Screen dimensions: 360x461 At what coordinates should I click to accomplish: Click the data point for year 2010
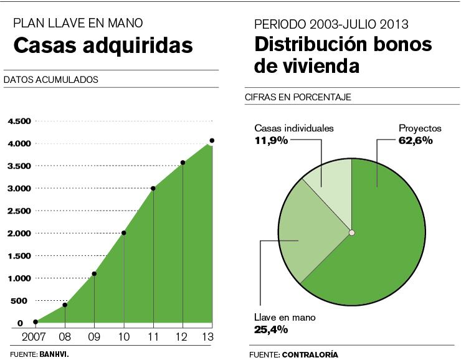(124, 233)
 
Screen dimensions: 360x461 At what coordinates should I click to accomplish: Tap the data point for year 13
(212, 141)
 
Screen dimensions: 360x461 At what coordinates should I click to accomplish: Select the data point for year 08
(65, 305)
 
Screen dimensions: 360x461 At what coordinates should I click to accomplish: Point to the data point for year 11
(153, 188)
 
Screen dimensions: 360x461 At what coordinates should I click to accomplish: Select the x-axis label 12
(183, 337)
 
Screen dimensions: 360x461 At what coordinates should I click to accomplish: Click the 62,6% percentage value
(416, 140)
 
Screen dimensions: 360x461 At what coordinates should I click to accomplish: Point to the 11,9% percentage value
(271, 140)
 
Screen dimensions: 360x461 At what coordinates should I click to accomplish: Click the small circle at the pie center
(352, 233)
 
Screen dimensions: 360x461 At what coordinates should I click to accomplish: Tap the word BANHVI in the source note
(54, 354)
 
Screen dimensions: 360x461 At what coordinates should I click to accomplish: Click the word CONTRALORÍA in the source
(310, 354)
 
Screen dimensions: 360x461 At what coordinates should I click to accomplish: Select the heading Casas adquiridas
(103, 45)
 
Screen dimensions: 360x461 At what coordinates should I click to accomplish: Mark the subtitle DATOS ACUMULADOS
(51, 80)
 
